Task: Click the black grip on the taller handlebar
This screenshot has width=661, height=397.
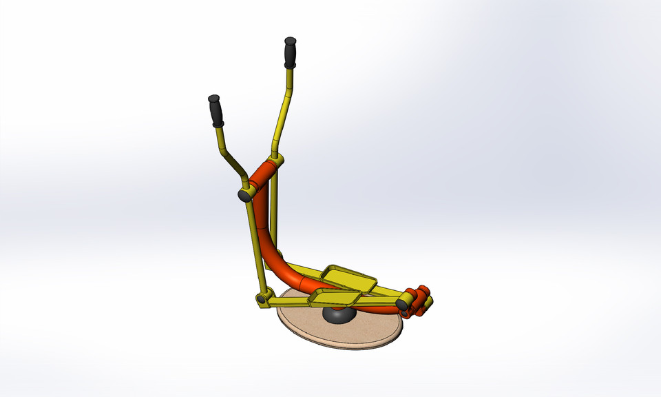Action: [290, 52]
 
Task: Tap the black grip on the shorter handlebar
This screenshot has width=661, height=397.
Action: [216, 110]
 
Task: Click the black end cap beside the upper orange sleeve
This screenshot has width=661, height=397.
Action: [244, 196]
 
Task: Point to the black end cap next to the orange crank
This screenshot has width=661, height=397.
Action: [401, 303]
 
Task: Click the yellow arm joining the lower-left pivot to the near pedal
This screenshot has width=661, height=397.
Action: [289, 300]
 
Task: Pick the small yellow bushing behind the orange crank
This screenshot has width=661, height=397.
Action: [428, 302]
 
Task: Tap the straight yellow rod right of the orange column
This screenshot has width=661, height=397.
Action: [275, 207]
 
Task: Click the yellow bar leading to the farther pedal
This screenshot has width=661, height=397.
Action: [303, 269]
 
